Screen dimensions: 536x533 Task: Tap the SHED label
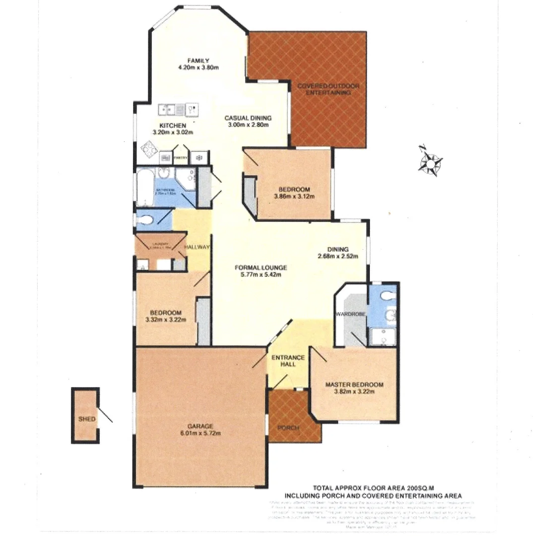coord(86,419)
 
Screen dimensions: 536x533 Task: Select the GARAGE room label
coord(200,426)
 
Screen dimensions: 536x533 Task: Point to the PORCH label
coord(288,428)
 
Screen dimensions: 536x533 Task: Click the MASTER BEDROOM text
coord(354,385)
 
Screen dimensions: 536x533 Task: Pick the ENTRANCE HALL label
coord(287,361)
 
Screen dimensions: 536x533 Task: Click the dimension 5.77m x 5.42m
coord(261,274)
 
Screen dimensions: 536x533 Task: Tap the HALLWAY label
coord(197,247)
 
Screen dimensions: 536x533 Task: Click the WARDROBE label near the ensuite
coord(350,314)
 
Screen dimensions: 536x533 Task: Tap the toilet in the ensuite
coord(385,296)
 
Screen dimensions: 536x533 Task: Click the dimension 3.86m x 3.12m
coord(294,197)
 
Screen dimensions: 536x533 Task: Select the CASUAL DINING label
coord(248,118)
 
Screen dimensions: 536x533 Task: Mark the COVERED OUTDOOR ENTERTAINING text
coord(328,89)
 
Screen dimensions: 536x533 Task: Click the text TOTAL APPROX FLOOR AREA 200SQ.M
coord(373,488)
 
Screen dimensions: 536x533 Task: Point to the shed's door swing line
coord(106,415)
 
